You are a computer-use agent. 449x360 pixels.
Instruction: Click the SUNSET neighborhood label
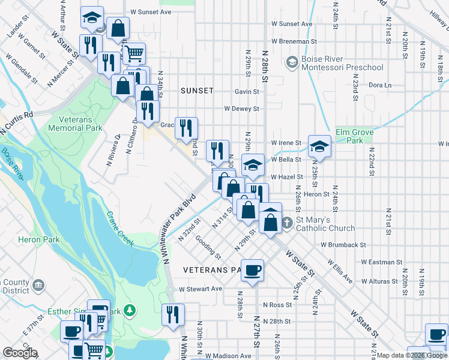(x=197, y=91)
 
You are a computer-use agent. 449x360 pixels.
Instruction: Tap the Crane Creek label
(x=119, y=229)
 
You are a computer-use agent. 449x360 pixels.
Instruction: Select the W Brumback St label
(x=343, y=245)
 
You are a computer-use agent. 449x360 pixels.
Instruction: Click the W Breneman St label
(x=294, y=41)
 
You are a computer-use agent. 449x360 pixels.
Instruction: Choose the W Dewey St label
(x=241, y=109)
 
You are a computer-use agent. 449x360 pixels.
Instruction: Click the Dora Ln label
(x=379, y=85)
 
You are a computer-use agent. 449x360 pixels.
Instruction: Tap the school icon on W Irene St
(x=320, y=146)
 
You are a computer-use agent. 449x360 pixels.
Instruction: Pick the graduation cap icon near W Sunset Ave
(x=91, y=17)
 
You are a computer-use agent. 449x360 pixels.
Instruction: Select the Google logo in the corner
(x=20, y=353)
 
